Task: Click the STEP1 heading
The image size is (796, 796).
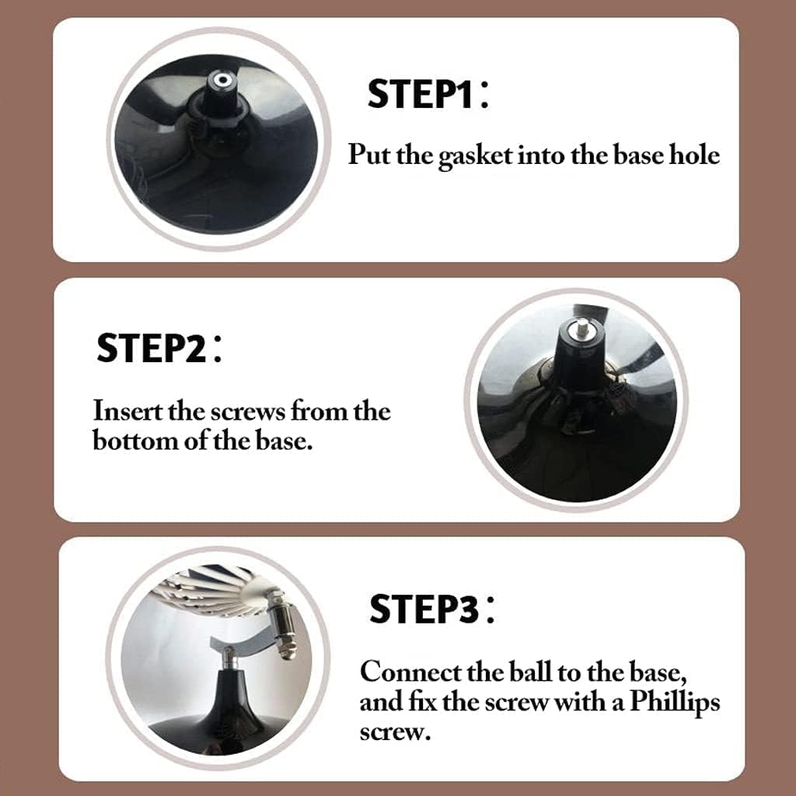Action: pos(429,93)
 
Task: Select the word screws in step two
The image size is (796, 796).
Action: pos(247,412)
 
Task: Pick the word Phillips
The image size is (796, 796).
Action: pos(675,703)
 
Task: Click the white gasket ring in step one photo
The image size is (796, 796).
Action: pos(222,80)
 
